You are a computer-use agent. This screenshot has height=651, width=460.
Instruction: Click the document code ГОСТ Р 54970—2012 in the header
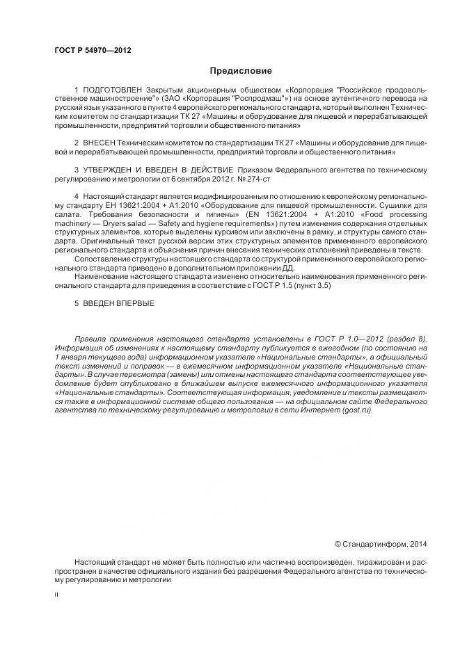click(92, 51)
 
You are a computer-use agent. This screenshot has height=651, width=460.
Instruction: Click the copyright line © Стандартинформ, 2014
click(381, 543)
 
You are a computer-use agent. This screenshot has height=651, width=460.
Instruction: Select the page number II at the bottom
click(57, 596)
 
